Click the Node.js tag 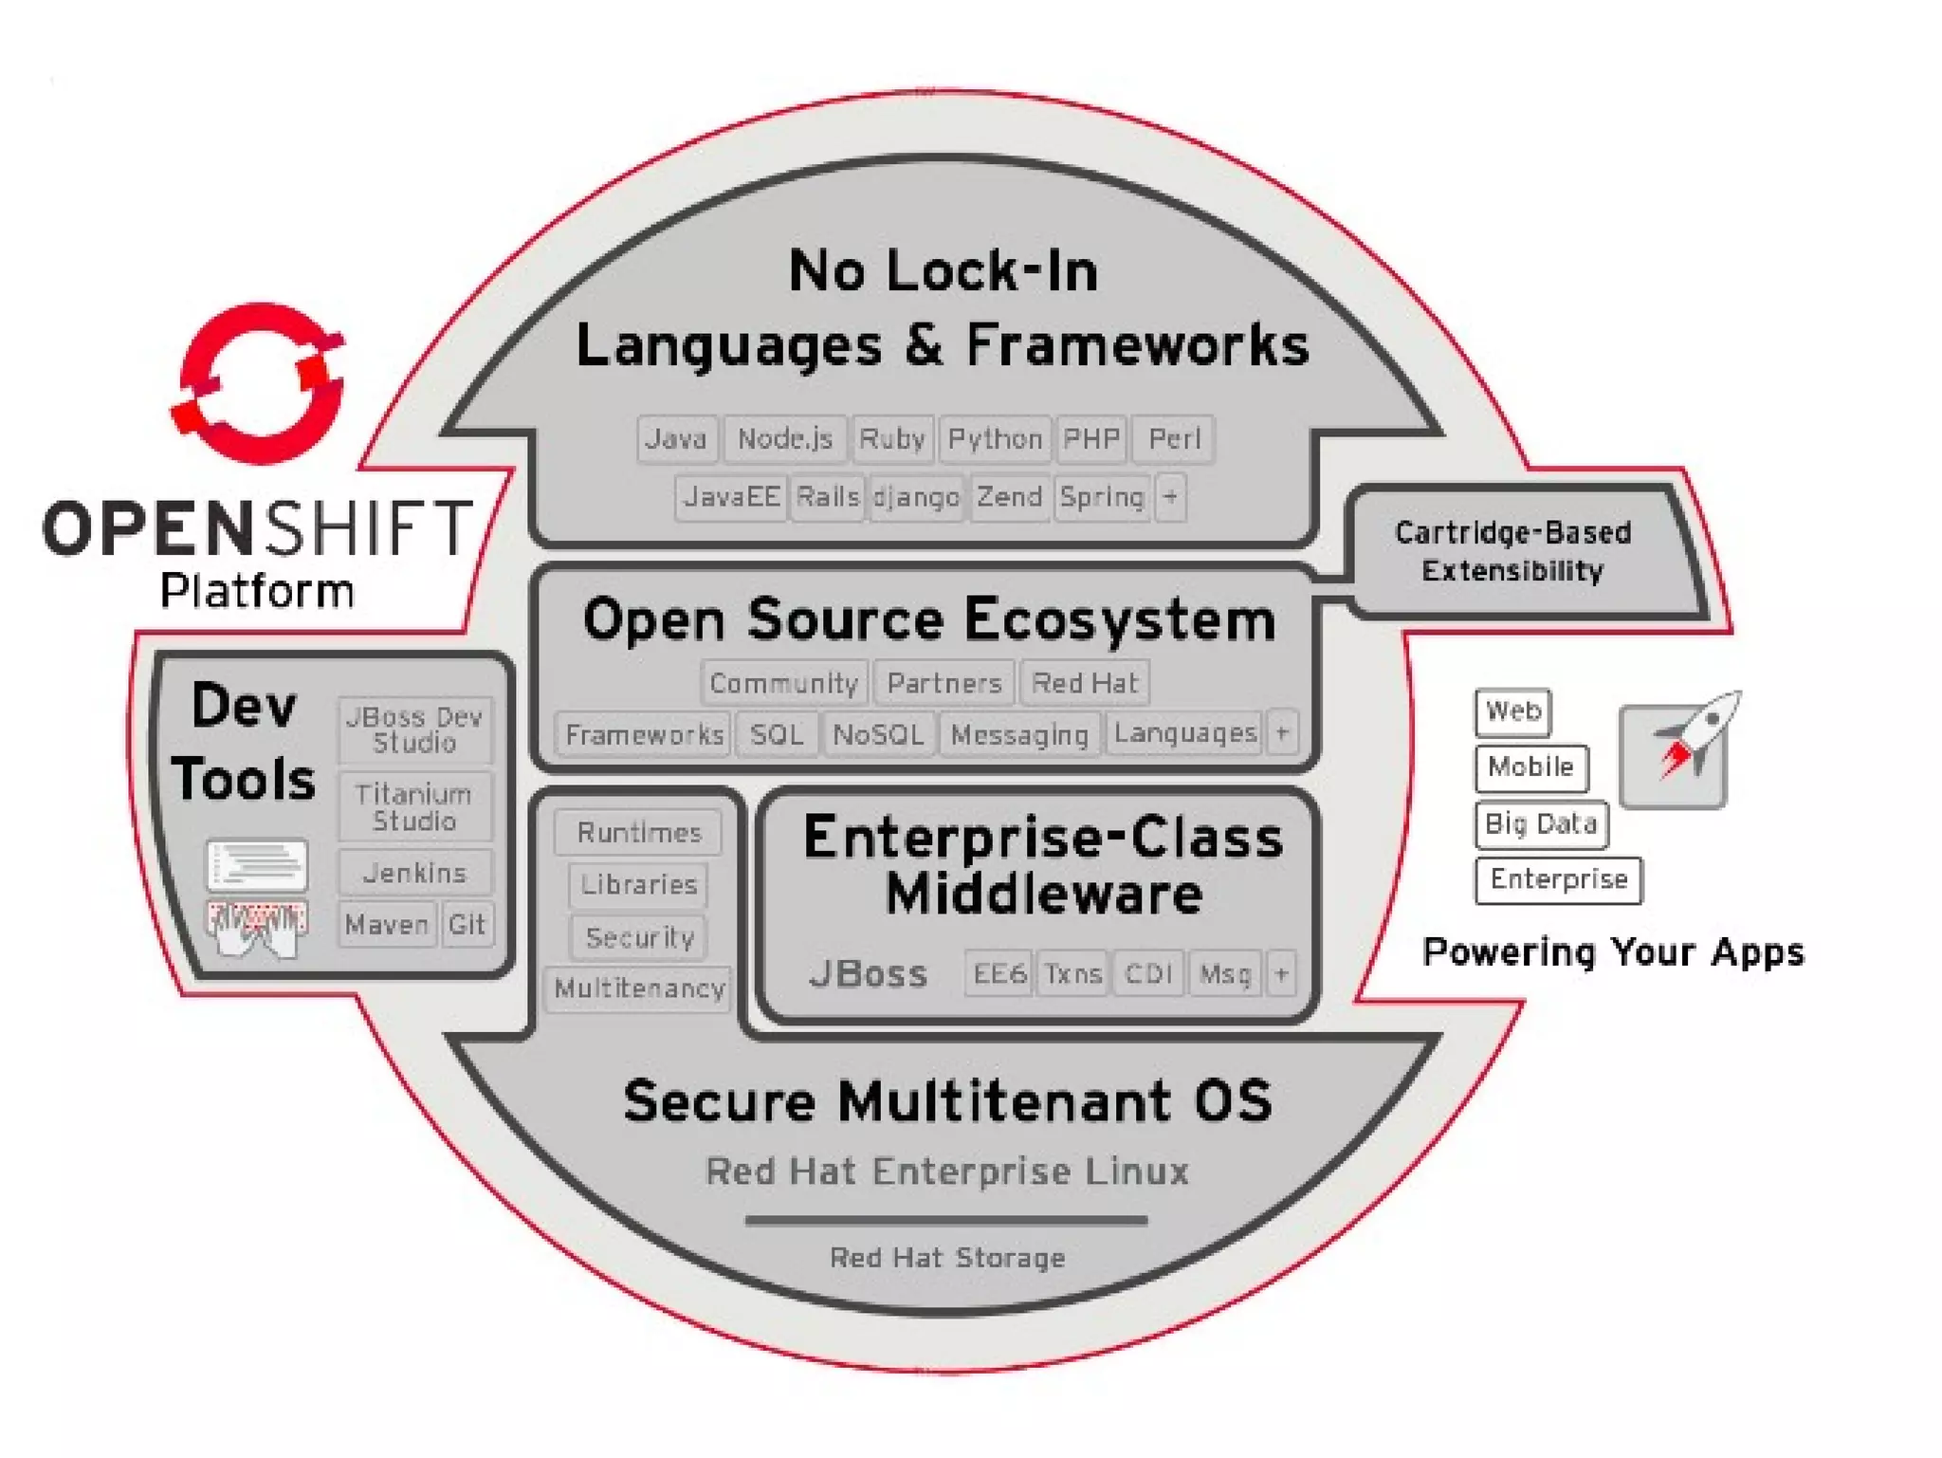(784, 439)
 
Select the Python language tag (995, 439)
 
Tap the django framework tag (916, 497)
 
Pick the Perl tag (1174, 439)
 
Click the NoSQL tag (878, 734)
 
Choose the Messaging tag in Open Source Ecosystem (1019, 734)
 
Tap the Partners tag (944, 683)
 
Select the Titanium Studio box (414, 807)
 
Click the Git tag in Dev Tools (467, 924)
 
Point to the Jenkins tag (414, 873)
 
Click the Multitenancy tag (639, 988)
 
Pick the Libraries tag (638, 884)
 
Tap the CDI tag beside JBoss (1148, 973)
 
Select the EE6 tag (999, 973)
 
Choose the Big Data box (1541, 823)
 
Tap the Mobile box (1530, 766)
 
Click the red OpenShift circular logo (259, 384)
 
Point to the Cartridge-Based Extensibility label (1512, 551)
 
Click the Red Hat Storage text (947, 1258)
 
